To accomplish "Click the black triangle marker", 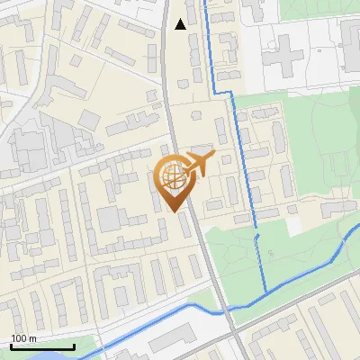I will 181,24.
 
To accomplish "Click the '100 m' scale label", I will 23,338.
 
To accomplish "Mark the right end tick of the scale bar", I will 74,346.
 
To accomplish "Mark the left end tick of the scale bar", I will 11,346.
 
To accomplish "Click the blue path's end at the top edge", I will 204,2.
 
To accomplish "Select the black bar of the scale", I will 42,347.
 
